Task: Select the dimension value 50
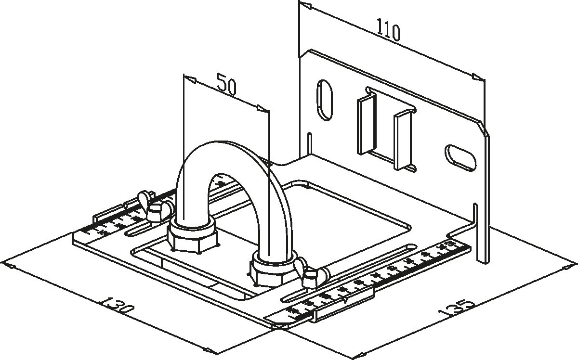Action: (226, 84)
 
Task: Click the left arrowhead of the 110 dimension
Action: (304, 6)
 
